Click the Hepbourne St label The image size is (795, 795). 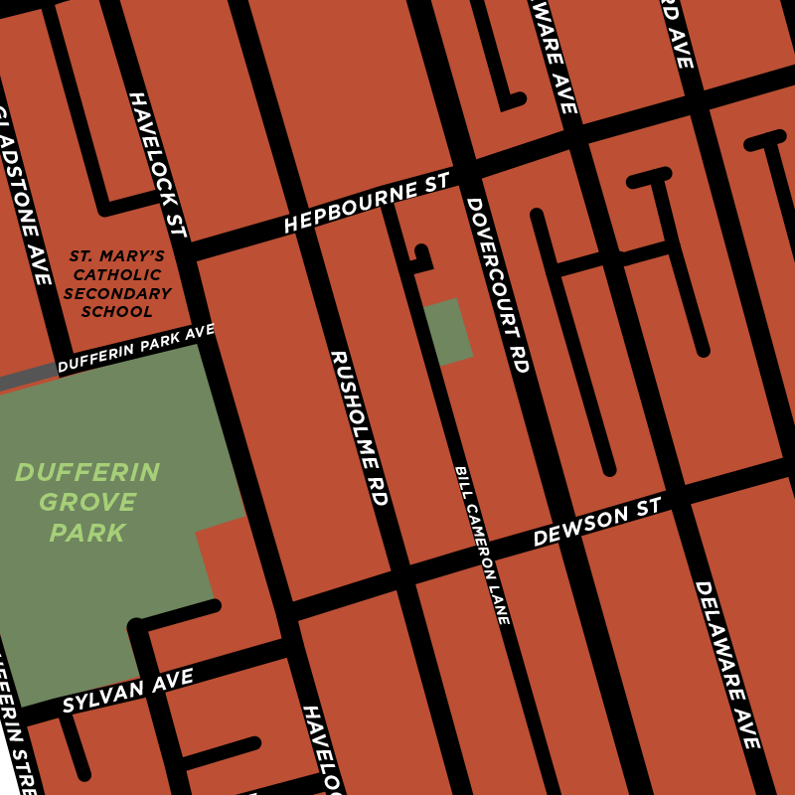tap(367, 204)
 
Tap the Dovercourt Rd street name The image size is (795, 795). tap(497, 285)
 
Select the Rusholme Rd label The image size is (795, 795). tap(359, 428)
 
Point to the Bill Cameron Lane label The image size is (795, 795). tap(482, 545)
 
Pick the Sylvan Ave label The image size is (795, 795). tap(127, 691)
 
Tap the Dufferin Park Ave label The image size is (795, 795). tap(136, 349)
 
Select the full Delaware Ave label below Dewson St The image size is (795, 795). tap(726, 665)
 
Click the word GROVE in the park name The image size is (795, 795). tap(87, 503)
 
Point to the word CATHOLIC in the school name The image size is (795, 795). tap(116, 275)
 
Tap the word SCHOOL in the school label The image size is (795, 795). tap(116, 312)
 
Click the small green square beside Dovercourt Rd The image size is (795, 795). tap(447, 332)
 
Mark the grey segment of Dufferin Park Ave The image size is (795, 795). tap(28, 377)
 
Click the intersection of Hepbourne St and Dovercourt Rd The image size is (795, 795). tap(463, 170)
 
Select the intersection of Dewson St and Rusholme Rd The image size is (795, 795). tap(400, 574)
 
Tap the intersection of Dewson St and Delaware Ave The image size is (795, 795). tap(682, 495)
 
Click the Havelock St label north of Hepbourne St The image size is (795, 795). tap(157, 164)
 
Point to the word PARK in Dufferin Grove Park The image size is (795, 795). tap(87, 534)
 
